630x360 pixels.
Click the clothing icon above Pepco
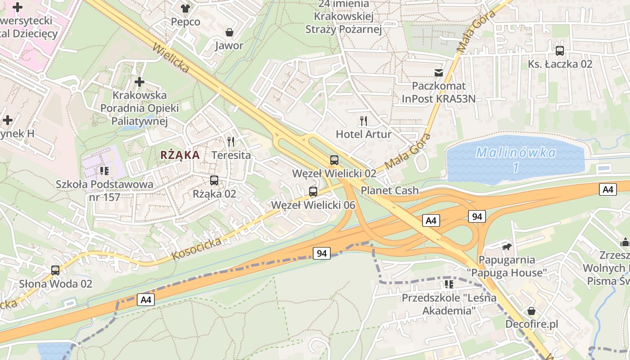pyautogui.click(x=185, y=8)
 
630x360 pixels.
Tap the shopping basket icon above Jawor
pyautogui.click(x=229, y=32)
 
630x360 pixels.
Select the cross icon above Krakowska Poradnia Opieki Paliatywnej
pyautogui.click(x=139, y=82)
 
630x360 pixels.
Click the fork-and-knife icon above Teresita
pyautogui.click(x=231, y=142)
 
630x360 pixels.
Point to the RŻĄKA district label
pyautogui.click(x=180, y=155)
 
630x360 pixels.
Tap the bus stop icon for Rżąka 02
pyautogui.click(x=214, y=180)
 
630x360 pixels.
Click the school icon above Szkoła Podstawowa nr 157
pyautogui.click(x=104, y=171)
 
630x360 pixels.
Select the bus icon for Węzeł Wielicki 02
pyautogui.click(x=334, y=160)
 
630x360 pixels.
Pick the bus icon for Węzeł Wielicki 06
pyautogui.click(x=313, y=192)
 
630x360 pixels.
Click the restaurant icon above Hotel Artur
pyautogui.click(x=364, y=121)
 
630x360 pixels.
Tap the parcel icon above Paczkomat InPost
pyautogui.click(x=439, y=72)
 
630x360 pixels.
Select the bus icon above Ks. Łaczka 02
pyautogui.click(x=560, y=50)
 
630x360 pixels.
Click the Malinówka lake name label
pyautogui.click(x=516, y=153)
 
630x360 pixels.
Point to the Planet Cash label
pyautogui.click(x=390, y=190)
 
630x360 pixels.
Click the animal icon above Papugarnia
pyautogui.click(x=507, y=247)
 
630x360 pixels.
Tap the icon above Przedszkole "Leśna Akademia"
pyautogui.click(x=449, y=284)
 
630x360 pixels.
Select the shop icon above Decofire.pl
pyautogui.click(x=531, y=311)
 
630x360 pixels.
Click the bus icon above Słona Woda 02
pyautogui.click(x=55, y=270)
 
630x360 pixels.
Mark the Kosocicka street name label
pyautogui.click(x=197, y=249)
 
